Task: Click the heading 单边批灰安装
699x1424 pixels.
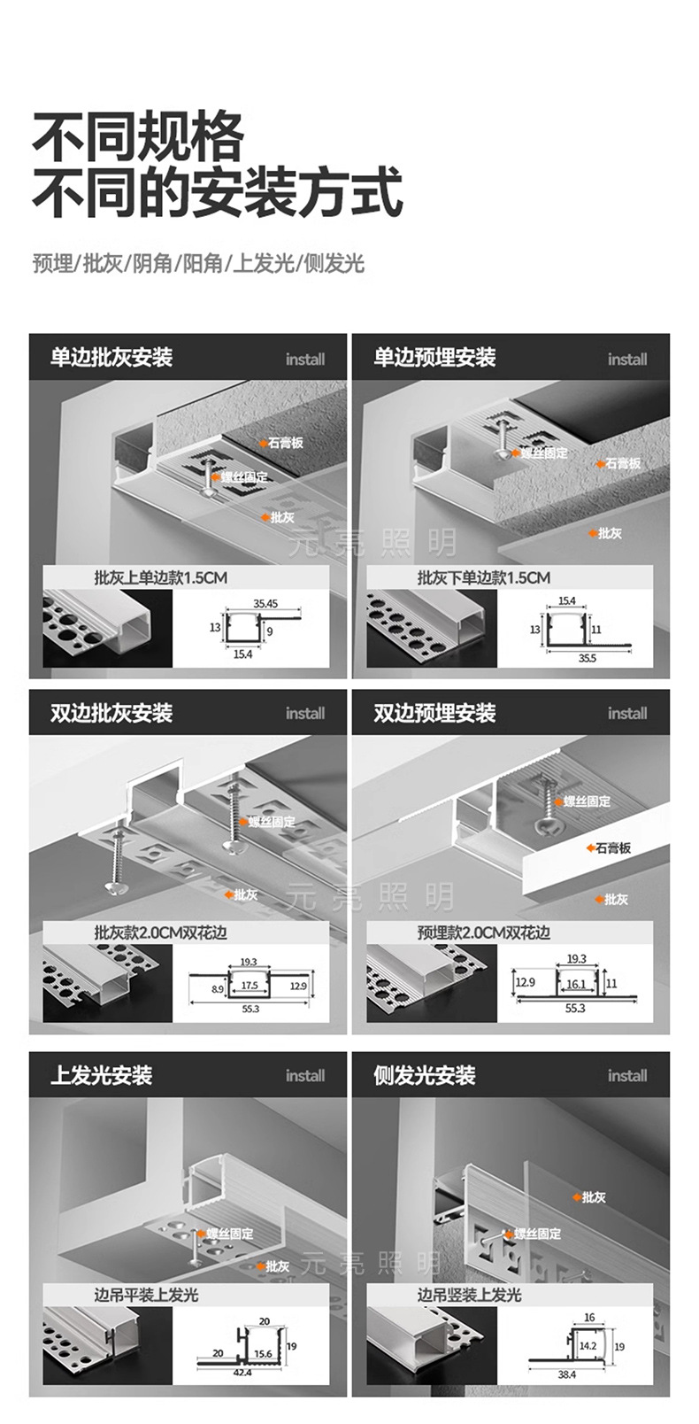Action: (x=111, y=358)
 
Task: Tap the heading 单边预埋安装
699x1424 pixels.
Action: (x=434, y=358)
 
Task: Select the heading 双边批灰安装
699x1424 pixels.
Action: (x=111, y=713)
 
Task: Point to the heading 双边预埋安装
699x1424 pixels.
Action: (x=434, y=713)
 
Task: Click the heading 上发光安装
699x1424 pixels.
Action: (x=101, y=1075)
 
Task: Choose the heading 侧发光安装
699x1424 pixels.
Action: (x=424, y=1075)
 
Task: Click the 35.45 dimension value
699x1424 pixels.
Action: (x=265, y=604)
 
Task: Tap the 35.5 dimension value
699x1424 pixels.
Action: (x=587, y=658)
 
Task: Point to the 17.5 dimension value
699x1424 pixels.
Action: (x=250, y=986)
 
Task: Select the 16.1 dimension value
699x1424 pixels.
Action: (x=576, y=984)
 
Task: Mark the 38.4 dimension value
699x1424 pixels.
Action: (x=567, y=1374)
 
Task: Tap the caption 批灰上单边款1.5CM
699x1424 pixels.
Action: (x=160, y=578)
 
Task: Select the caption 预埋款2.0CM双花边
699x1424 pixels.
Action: (x=483, y=933)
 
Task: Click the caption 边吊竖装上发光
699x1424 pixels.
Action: (x=469, y=1295)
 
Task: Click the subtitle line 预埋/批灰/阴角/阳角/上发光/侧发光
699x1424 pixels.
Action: (x=198, y=263)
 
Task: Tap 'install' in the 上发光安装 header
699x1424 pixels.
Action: (x=305, y=1076)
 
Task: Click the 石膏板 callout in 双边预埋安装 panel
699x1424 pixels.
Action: (x=613, y=847)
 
